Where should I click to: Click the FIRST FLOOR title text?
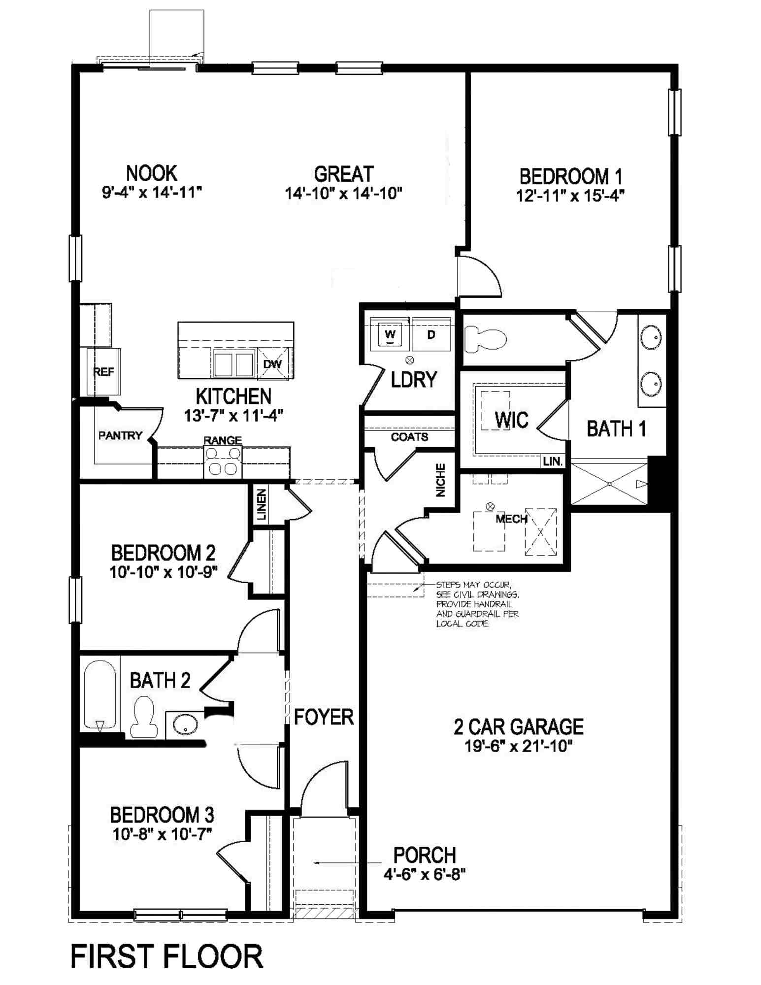pyautogui.click(x=166, y=956)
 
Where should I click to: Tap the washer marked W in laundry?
pyautogui.click(x=390, y=335)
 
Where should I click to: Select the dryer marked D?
pyautogui.click(x=431, y=335)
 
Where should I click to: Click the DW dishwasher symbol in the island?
pyautogui.click(x=272, y=364)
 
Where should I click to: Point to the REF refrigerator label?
pyautogui.click(x=104, y=372)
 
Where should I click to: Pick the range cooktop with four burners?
pyautogui.click(x=223, y=461)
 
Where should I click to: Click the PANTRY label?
pyautogui.click(x=120, y=435)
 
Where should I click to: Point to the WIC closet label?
pyautogui.click(x=511, y=420)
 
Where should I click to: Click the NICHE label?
pyautogui.click(x=441, y=480)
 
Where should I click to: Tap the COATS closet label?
pyautogui.click(x=409, y=437)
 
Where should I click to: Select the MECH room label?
pyautogui.click(x=511, y=519)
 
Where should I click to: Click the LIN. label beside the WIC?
pyautogui.click(x=553, y=461)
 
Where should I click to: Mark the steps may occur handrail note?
pyautogui.click(x=477, y=604)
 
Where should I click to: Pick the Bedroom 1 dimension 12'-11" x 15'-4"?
pyautogui.click(x=570, y=196)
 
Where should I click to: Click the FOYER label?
pyautogui.click(x=324, y=717)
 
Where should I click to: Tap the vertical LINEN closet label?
pyautogui.click(x=262, y=505)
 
